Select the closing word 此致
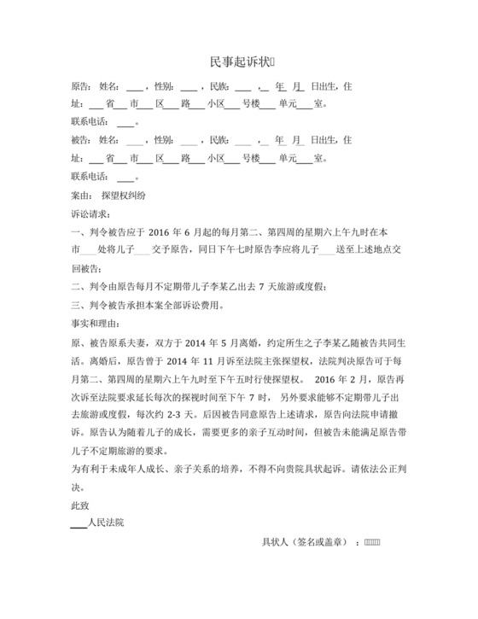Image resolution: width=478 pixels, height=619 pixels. (79, 506)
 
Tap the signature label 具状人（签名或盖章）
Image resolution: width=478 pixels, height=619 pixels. (303, 543)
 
